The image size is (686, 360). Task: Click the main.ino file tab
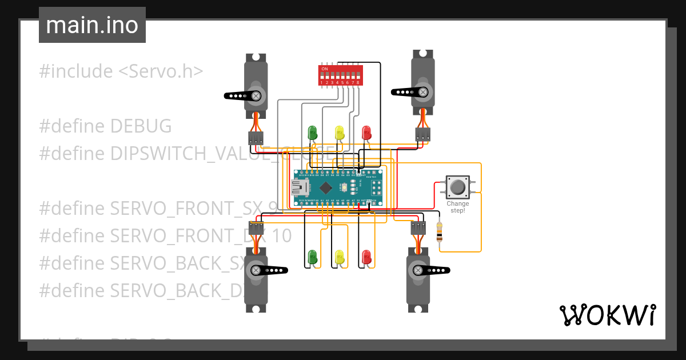[92, 25]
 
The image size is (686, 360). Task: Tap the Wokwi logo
[607, 315]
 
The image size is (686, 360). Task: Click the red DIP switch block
[340, 75]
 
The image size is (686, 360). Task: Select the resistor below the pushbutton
[439, 231]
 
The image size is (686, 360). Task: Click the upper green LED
[312, 133]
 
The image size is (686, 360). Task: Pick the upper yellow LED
[340, 133]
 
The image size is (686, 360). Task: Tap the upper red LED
[366, 133]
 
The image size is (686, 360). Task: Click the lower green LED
[312, 257]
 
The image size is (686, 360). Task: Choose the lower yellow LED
[340, 257]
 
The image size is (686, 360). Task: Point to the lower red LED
[366, 257]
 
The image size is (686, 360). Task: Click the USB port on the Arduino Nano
[299, 187]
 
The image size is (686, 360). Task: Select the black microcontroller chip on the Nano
[326, 187]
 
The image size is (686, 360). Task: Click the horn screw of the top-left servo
[257, 95]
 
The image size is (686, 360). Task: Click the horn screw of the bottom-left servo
[256, 270]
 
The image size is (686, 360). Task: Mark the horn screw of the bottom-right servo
[418, 270]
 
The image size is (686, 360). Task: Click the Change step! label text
[457, 207]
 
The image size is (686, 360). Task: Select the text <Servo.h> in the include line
[161, 71]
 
